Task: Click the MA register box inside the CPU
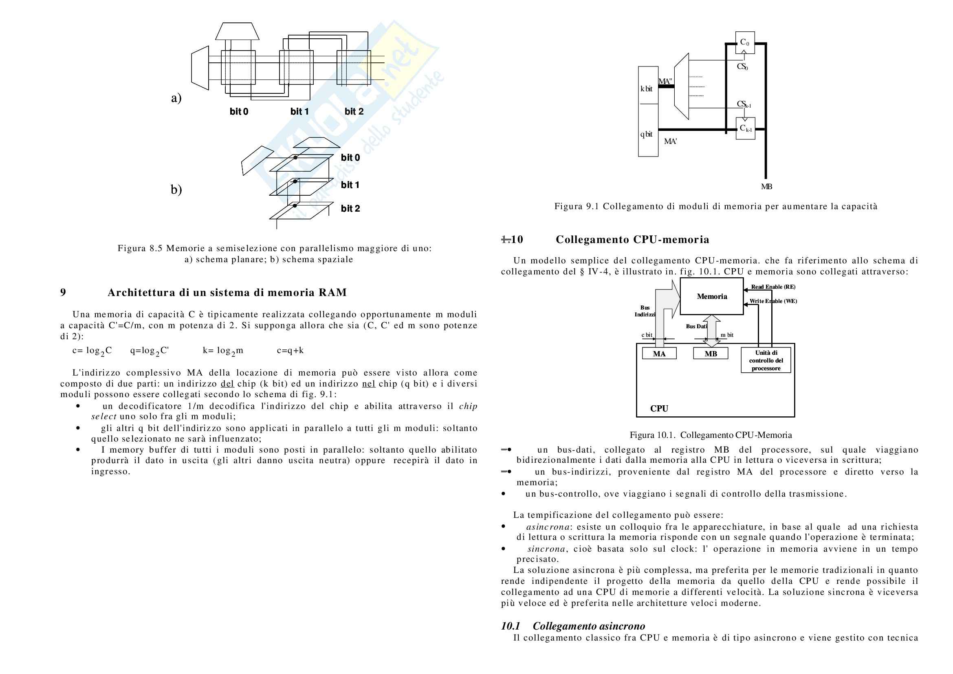659,354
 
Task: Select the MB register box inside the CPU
711,354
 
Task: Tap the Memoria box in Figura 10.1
711,296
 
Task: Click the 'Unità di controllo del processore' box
766,360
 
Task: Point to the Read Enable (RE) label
773,287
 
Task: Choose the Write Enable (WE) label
773,301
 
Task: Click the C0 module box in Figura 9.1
745,42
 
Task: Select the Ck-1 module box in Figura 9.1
745,128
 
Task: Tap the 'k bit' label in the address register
646,88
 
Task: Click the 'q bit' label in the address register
646,134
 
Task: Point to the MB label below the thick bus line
766,187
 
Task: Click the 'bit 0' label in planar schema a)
239,111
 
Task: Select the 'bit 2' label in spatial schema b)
350,208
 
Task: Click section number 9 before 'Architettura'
63,292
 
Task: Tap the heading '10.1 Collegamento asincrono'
573,626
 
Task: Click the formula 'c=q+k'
290,351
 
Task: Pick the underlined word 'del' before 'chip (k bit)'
227,384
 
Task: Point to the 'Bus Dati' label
696,327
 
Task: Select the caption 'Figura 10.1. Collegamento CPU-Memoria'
711,435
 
